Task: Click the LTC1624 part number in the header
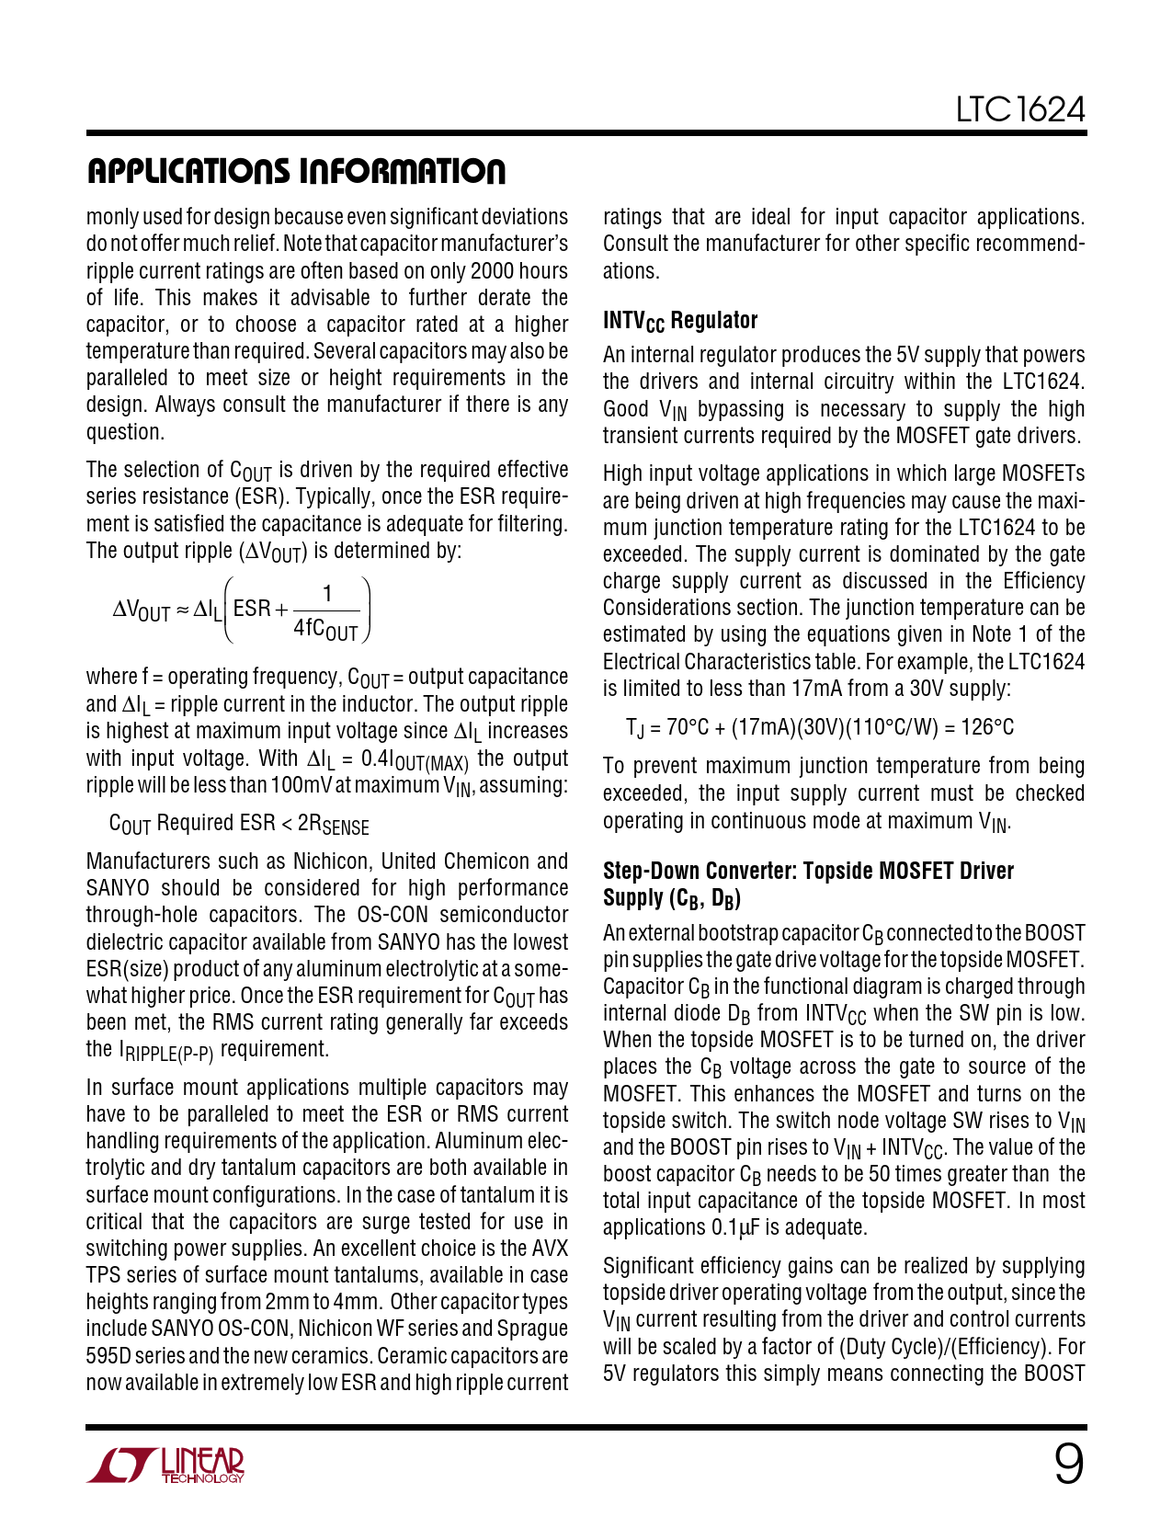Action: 1020,110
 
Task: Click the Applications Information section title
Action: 296,172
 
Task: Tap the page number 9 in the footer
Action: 1068,1464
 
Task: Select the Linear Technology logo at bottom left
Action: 166,1466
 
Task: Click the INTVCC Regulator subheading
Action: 680,321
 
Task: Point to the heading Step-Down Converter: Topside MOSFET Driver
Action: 808,871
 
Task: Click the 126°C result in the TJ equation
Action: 987,727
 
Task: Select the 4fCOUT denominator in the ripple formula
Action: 325,630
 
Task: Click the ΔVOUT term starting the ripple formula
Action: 142,610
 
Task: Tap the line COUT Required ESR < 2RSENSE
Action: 239,824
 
